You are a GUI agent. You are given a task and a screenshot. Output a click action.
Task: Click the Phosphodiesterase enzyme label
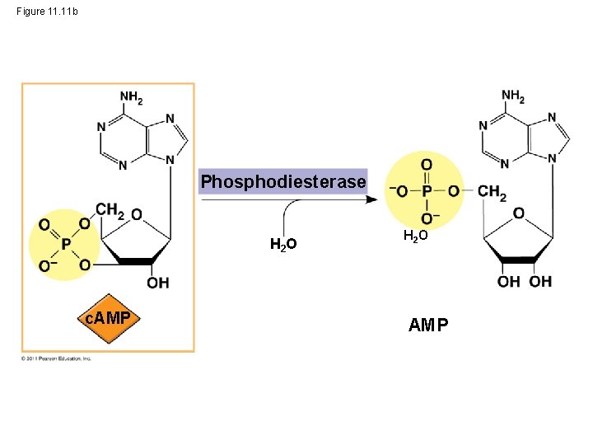[x=283, y=181]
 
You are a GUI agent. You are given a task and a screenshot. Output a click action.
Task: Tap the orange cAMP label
[x=108, y=318]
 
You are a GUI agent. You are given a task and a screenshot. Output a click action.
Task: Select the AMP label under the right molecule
[x=428, y=325]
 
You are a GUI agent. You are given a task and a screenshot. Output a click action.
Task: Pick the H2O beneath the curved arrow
[x=283, y=244]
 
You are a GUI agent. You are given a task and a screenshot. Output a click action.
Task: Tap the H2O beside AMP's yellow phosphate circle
[x=415, y=237]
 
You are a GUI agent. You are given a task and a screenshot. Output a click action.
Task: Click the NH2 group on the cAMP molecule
[x=132, y=97]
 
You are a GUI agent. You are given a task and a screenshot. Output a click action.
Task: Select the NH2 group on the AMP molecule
[x=513, y=97]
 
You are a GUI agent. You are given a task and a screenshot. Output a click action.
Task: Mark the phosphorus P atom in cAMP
[x=65, y=244]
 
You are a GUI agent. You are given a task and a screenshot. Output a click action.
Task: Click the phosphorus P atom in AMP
[x=426, y=192]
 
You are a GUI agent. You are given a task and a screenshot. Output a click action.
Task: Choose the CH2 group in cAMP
[x=110, y=210]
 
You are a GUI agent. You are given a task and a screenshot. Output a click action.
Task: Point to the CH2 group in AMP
[x=492, y=192]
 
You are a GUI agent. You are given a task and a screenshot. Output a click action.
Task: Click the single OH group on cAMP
[x=157, y=283]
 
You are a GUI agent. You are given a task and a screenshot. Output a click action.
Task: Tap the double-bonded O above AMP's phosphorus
[x=426, y=165]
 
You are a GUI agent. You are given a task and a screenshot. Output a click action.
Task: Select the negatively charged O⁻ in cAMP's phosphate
[x=49, y=265]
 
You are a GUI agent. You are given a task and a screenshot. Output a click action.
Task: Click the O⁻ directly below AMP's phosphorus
[x=428, y=218]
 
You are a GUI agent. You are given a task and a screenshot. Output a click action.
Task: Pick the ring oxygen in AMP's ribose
[x=518, y=213]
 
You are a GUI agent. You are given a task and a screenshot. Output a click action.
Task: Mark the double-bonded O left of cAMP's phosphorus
[x=44, y=224]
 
